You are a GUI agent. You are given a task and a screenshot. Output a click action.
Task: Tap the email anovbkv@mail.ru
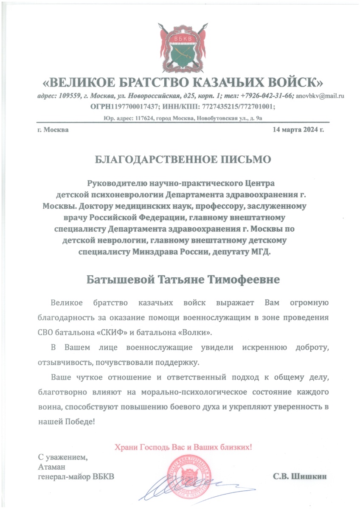[x=319, y=96]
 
